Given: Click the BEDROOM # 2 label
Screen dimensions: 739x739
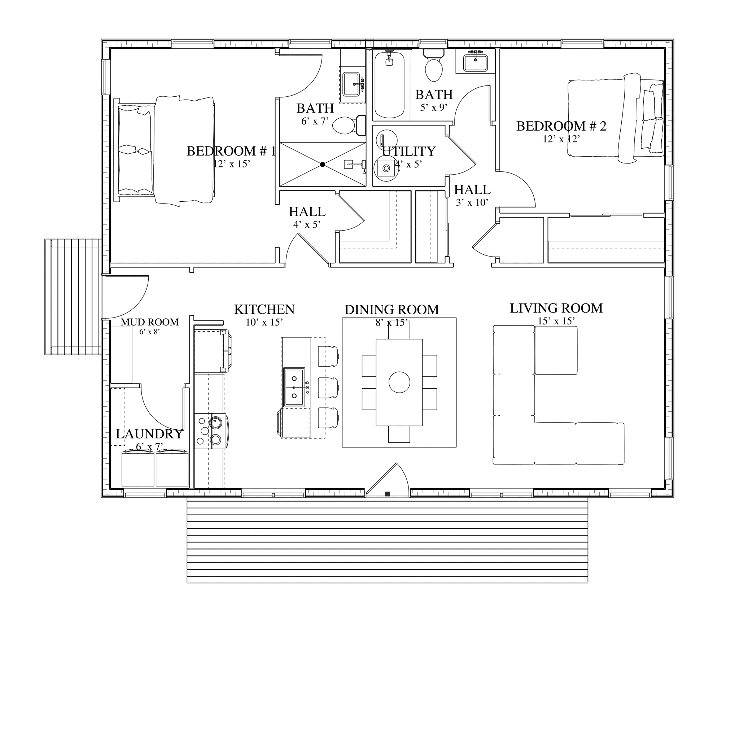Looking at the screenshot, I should [561, 126].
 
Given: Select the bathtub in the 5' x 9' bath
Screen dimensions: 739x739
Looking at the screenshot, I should [389, 85].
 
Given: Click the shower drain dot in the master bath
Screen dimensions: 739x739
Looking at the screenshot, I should [323, 165].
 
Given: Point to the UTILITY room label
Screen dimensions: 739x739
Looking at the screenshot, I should [408, 152].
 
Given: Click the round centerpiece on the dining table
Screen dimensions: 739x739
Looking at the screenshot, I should [399, 382].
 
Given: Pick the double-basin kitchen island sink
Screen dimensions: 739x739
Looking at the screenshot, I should [294, 388].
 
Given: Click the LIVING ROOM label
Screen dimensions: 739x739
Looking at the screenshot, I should [556, 308].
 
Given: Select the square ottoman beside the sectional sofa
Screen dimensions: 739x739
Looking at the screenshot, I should [556, 350].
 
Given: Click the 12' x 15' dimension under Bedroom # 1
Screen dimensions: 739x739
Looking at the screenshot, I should [231, 164].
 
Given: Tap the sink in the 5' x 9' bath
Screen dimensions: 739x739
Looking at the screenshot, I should [476, 63].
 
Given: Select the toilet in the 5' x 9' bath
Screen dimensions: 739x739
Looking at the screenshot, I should [434, 66].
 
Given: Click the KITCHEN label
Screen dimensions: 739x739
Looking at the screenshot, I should [264, 310].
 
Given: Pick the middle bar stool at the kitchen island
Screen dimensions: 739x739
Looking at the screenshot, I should [328, 388].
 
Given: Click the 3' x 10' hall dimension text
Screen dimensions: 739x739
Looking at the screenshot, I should [472, 203].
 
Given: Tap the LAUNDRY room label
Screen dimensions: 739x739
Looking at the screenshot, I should [149, 434].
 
